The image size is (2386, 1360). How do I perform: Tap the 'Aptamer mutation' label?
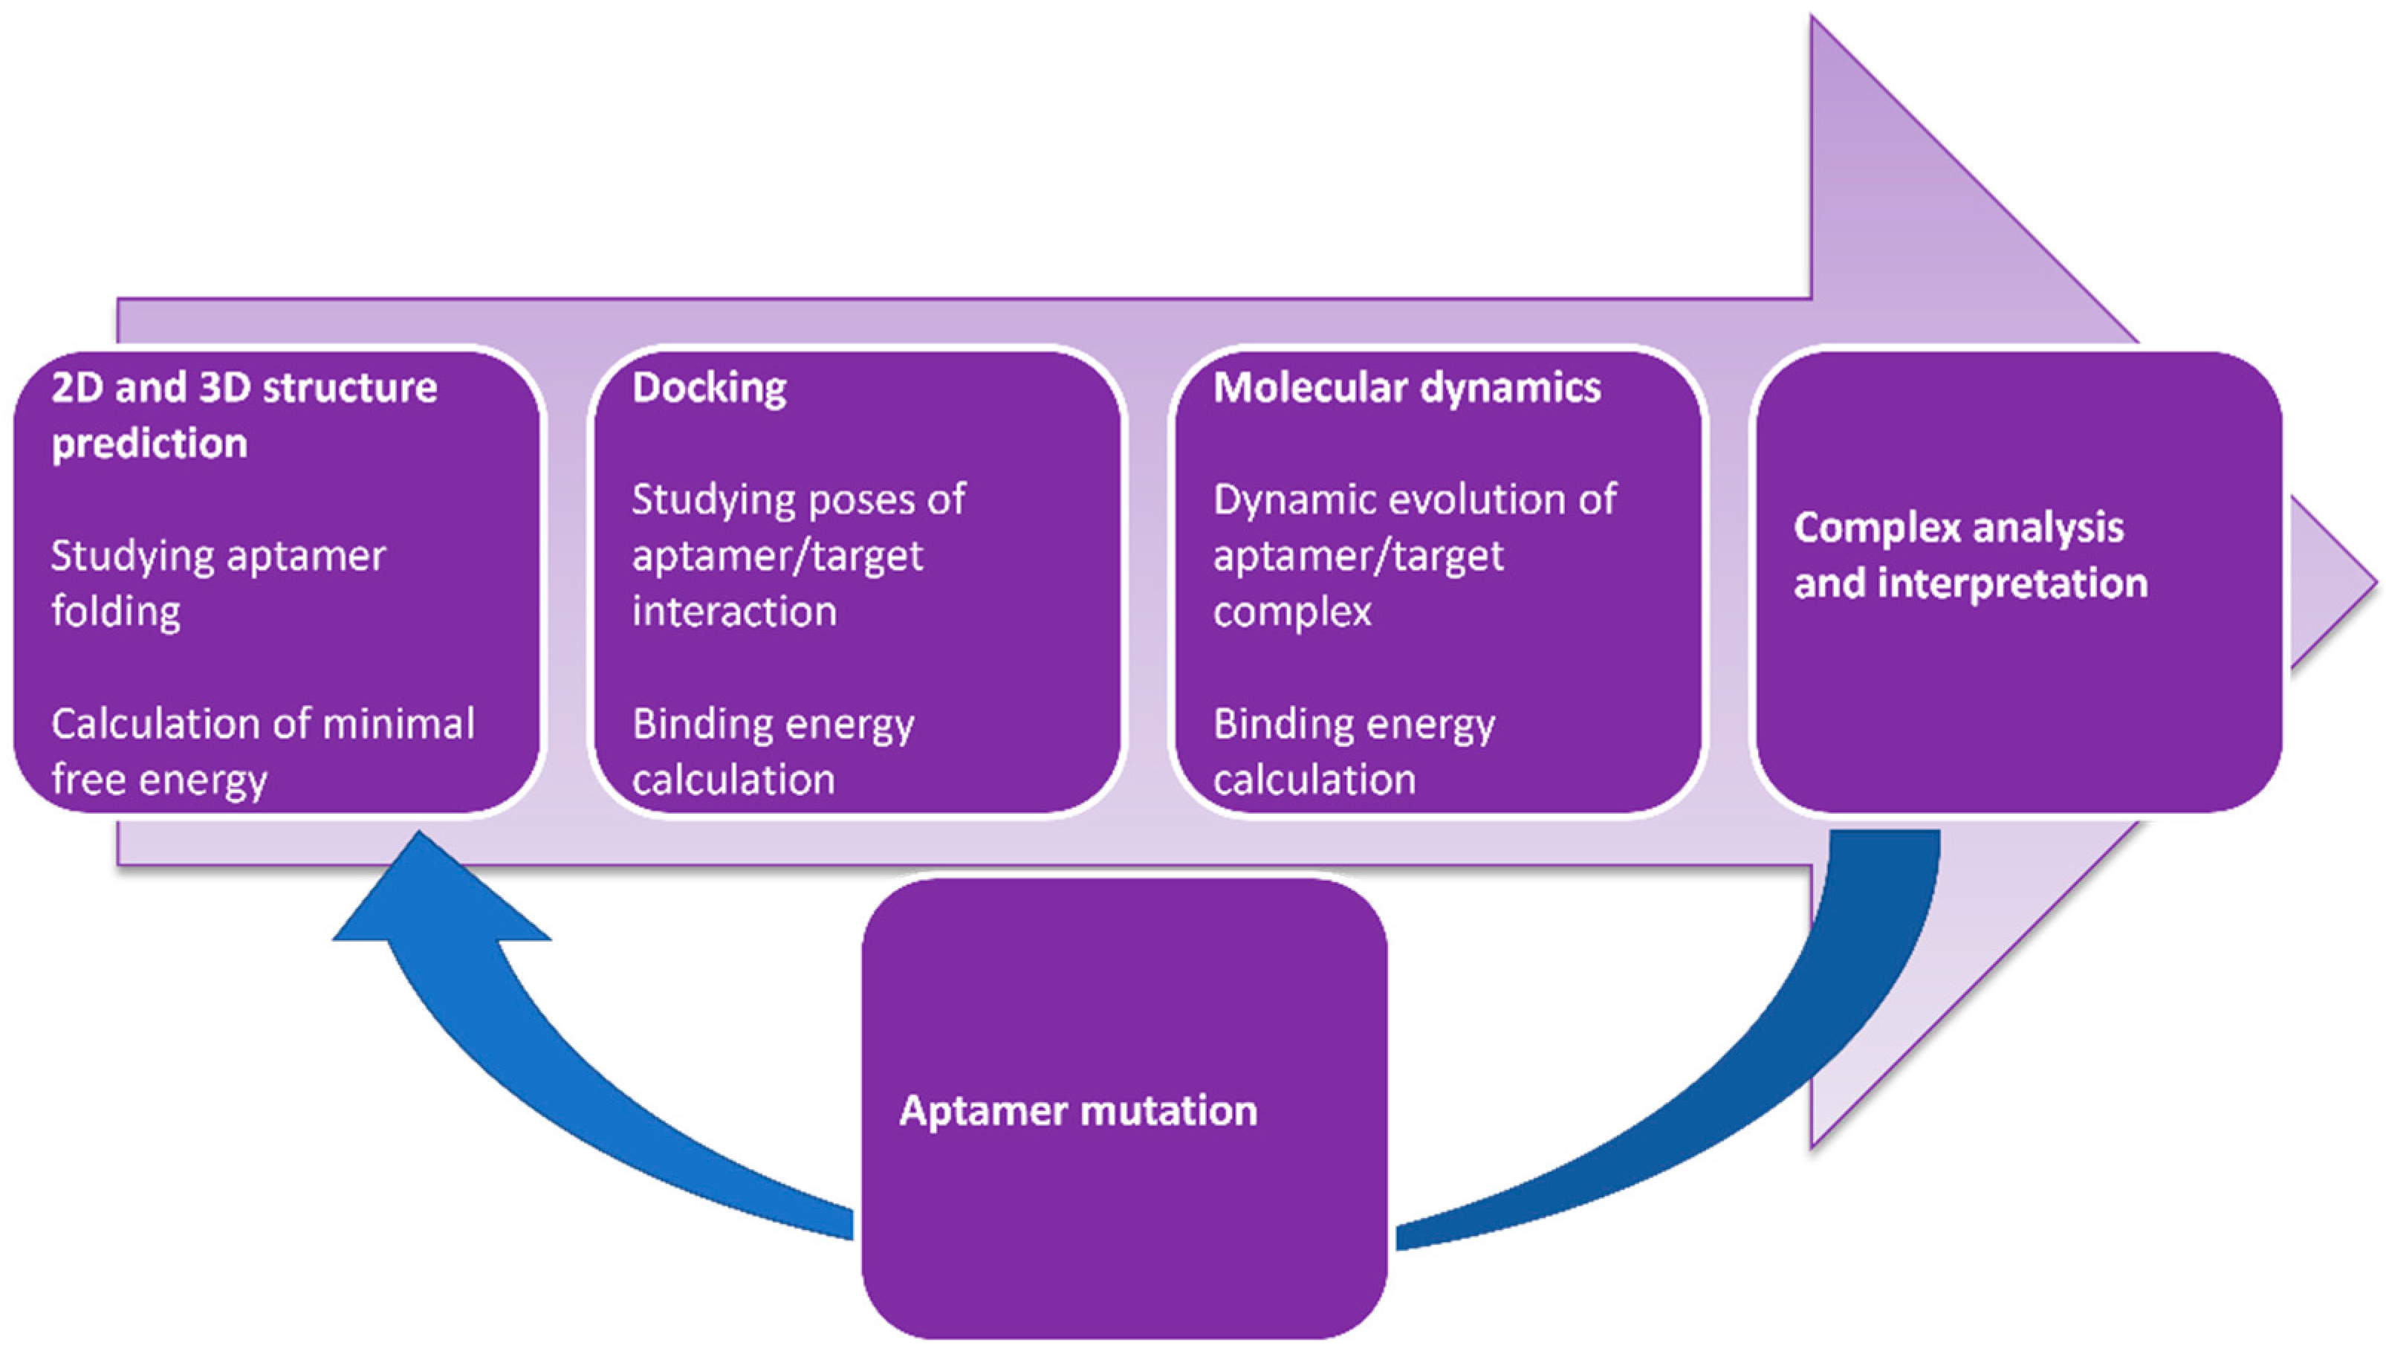[1077, 1110]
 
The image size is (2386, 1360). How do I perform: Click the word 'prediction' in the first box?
[149, 444]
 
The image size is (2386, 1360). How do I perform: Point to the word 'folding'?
[116, 612]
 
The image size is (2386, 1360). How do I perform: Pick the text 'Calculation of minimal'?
[262, 724]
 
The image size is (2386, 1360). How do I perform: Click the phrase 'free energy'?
[159, 780]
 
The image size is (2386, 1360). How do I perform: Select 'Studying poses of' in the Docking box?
[799, 499]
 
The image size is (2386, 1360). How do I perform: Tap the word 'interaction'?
[734, 612]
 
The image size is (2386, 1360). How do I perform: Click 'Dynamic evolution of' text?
[1414, 499]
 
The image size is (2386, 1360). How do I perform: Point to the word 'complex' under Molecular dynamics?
[1292, 612]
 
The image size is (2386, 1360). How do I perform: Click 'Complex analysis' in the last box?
[1958, 528]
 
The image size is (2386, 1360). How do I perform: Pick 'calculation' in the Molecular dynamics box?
[1314, 780]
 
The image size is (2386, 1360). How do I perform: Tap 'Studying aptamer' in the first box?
[218, 556]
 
